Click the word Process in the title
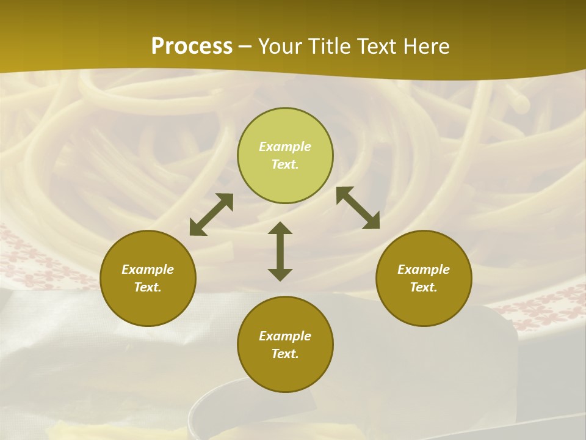192,46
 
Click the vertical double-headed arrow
280,251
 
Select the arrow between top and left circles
211,215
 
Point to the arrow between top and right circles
358,208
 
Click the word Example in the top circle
285,147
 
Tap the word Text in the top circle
285,164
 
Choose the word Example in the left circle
148,269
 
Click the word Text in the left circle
148,287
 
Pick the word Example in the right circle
424,269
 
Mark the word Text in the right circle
424,287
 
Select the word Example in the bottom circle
285,336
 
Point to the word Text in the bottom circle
285,354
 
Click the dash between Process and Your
245,47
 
